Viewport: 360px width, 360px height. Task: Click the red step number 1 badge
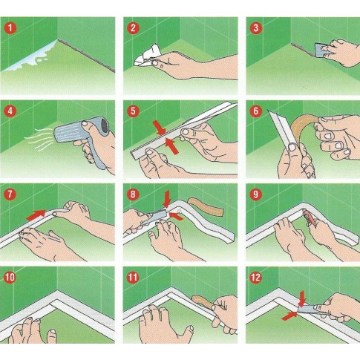point(10,28)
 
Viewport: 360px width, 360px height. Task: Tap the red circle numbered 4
point(10,111)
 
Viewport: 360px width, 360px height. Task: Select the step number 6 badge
point(256,111)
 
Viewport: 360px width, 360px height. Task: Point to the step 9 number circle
point(256,194)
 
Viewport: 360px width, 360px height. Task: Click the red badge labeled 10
point(10,278)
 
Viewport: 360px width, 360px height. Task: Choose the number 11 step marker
point(133,278)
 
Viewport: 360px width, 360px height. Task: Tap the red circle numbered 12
point(256,278)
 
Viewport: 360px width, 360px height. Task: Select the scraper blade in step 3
point(321,50)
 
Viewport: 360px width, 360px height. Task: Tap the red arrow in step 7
point(36,215)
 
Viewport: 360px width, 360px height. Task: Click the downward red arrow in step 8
point(167,198)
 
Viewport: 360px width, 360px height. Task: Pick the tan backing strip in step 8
point(206,206)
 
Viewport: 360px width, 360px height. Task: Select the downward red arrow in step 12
point(302,299)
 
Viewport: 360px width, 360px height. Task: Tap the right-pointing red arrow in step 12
point(289,316)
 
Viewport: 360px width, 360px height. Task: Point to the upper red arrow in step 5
point(160,128)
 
